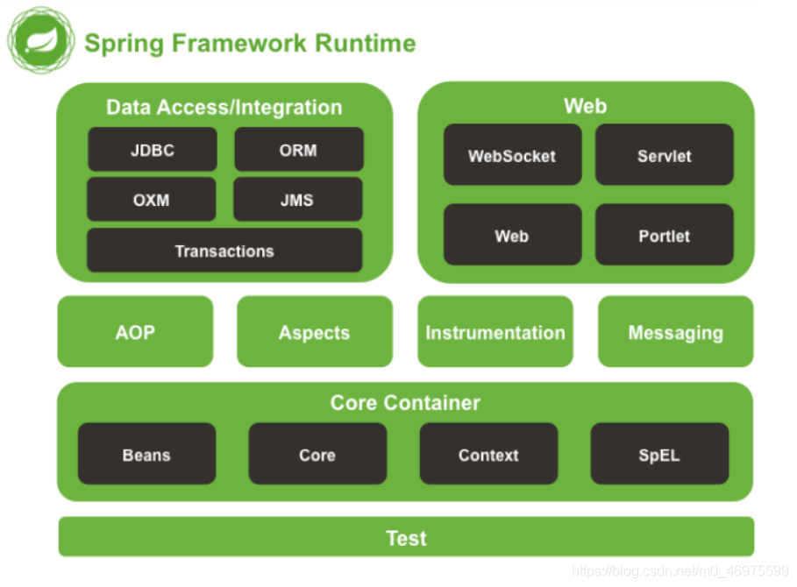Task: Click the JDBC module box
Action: click(153, 149)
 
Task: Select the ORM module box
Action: click(299, 149)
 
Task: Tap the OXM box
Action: click(152, 199)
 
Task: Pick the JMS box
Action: click(298, 199)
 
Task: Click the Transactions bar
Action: click(224, 251)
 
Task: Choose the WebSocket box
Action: click(512, 154)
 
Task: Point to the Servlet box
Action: click(665, 154)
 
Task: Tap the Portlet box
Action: click(665, 235)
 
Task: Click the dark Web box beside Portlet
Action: click(512, 235)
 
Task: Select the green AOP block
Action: click(135, 331)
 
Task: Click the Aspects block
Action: click(315, 331)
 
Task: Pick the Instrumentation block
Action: click(495, 331)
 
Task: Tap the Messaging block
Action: click(676, 331)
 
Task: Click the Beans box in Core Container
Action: click(147, 454)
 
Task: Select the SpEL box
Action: click(659, 454)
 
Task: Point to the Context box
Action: click(489, 454)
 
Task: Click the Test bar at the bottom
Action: click(407, 537)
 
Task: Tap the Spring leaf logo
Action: click(40, 40)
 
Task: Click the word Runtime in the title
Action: click(366, 43)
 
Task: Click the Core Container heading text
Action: click(405, 403)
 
